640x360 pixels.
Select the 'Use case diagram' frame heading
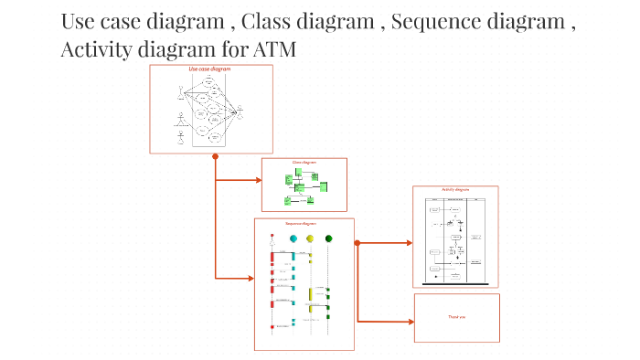pos(209,69)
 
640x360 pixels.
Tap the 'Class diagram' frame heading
pos(304,163)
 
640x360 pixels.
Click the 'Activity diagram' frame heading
pos(455,190)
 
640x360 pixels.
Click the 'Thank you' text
pos(456,317)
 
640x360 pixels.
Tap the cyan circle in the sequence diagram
pos(293,239)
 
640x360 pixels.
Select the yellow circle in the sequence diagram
pos(311,239)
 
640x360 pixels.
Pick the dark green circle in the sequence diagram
pos(328,239)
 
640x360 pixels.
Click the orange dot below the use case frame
pos(215,156)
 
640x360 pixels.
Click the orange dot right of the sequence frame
pos(357,243)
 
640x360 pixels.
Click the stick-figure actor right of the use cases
pos(240,111)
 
